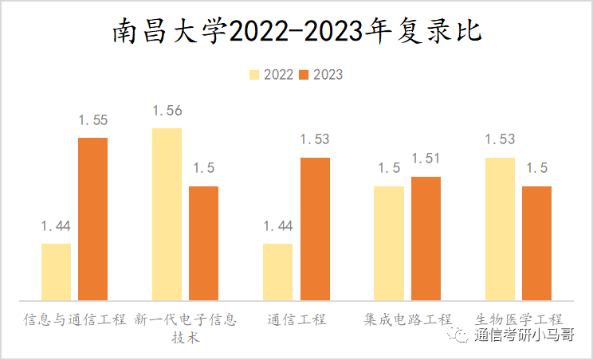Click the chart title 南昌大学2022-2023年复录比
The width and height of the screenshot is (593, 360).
[x=296, y=33]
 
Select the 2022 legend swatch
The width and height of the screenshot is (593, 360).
[x=255, y=75]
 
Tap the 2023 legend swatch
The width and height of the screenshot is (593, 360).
[x=304, y=75]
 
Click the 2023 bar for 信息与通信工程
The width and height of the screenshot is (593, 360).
[x=92, y=219]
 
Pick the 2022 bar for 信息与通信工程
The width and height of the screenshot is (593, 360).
[x=56, y=272]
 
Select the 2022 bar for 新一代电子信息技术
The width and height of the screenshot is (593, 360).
[x=167, y=214]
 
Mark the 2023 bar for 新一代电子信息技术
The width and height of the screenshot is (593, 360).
[x=203, y=243]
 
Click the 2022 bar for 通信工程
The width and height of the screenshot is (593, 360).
[x=277, y=272]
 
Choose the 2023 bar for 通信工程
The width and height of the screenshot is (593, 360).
[x=315, y=229]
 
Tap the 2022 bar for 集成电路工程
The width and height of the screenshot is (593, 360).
[x=389, y=243]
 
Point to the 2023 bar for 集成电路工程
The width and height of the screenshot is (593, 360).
[x=426, y=238]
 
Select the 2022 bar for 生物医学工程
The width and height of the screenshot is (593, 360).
[x=500, y=229]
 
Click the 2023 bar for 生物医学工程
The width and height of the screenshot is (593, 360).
[x=536, y=243]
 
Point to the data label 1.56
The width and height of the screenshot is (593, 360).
[x=167, y=111]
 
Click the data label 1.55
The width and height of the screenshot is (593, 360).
[x=92, y=120]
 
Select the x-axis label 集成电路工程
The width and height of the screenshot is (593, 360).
[x=407, y=319]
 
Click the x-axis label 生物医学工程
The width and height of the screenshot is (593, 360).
[x=518, y=319]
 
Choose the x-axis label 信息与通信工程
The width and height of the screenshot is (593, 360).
[x=74, y=319]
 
